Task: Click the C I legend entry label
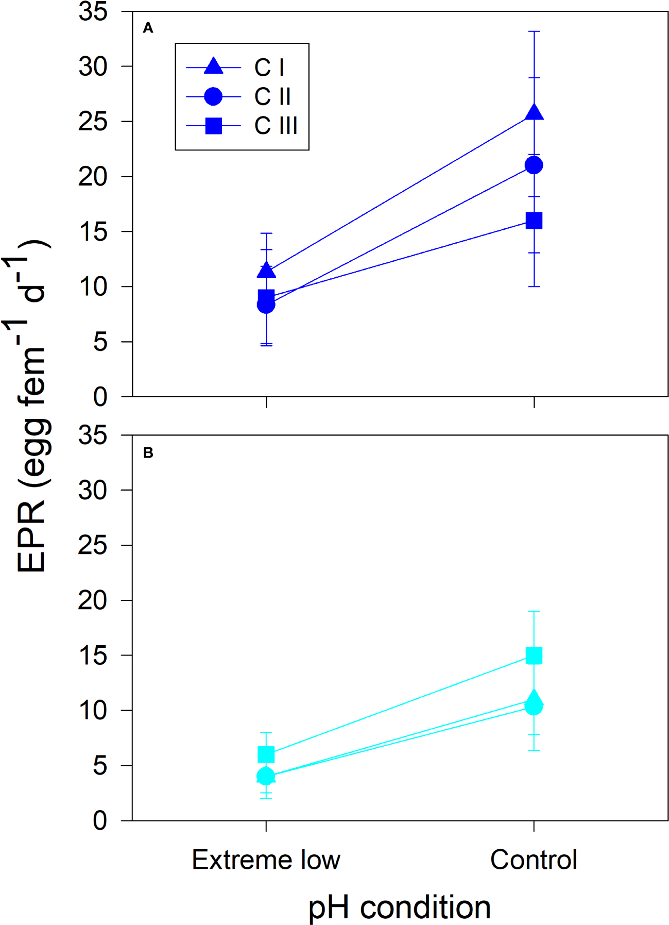[269, 68]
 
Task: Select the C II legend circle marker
[213, 96]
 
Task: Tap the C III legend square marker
[213, 126]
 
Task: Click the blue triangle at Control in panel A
[534, 112]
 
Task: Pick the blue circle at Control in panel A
[534, 165]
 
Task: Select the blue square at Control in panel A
[534, 221]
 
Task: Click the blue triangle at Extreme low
[266, 270]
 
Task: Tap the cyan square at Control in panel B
[534, 655]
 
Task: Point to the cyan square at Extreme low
[266, 755]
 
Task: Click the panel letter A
[148, 28]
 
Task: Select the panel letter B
[148, 453]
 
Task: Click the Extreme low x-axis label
[266, 860]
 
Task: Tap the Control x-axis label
[534, 860]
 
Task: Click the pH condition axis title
[399, 907]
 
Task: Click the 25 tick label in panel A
[93, 122]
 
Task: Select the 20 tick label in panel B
[93, 600]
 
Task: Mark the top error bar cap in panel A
[534, 31]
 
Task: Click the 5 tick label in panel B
[100, 766]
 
